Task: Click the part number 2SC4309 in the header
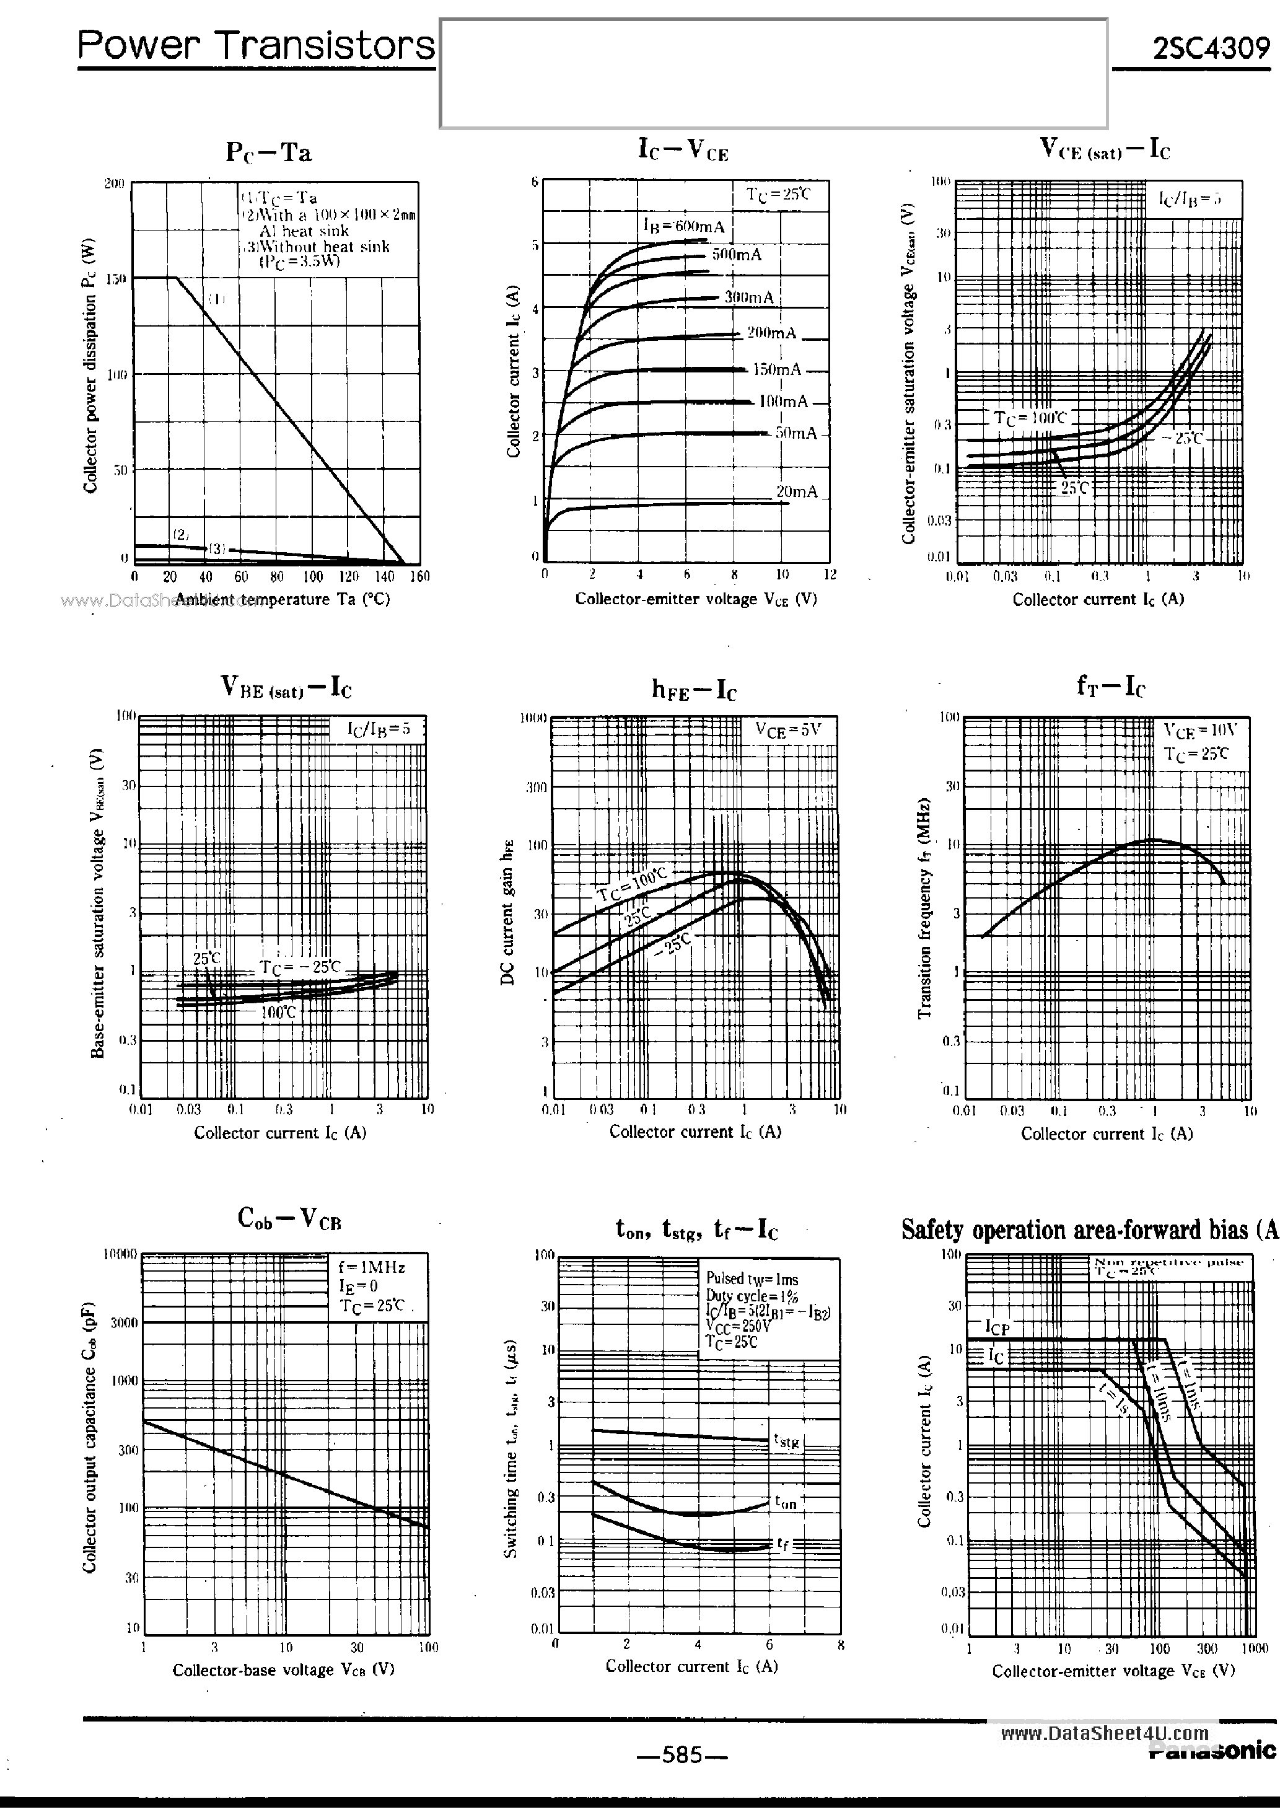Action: point(1211,49)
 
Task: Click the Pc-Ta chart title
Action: point(268,152)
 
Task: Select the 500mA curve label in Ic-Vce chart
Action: point(736,255)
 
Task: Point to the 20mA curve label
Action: point(796,491)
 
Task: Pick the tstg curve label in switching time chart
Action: point(786,1440)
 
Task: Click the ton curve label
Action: point(785,1502)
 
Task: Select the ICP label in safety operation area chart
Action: point(997,1328)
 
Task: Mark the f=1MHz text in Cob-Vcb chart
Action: point(371,1267)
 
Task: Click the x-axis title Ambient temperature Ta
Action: point(282,599)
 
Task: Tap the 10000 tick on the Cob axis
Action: point(121,1253)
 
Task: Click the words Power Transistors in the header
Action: point(256,46)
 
